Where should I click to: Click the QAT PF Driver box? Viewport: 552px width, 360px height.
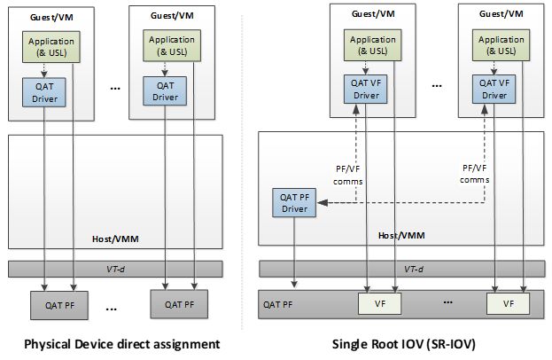click(x=293, y=202)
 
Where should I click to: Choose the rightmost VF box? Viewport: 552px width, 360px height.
click(x=508, y=303)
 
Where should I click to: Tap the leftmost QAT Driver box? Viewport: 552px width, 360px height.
click(x=45, y=91)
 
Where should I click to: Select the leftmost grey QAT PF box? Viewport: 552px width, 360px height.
click(x=53, y=303)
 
